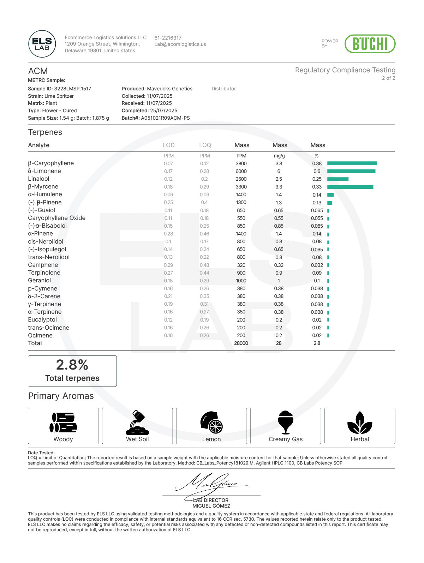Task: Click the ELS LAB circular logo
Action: [42, 44]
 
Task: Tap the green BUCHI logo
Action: [370, 44]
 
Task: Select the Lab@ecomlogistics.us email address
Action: [180, 44]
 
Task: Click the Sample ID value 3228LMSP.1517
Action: [72, 89]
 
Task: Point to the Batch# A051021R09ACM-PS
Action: [165, 118]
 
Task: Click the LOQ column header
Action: [205, 145]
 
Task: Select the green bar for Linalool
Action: [338, 179]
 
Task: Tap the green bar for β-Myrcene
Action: [350, 187]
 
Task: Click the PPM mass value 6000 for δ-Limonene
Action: [241, 171]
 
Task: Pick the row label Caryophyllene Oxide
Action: [56, 218]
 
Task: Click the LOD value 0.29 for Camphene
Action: [168, 265]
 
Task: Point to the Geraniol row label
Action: [40, 281]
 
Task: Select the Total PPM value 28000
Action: [241, 343]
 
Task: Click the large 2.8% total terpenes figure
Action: [72, 365]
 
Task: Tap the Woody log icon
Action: [63, 423]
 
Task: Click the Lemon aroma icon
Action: [211, 423]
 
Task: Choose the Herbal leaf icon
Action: [359, 423]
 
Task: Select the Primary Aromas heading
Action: [61, 396]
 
